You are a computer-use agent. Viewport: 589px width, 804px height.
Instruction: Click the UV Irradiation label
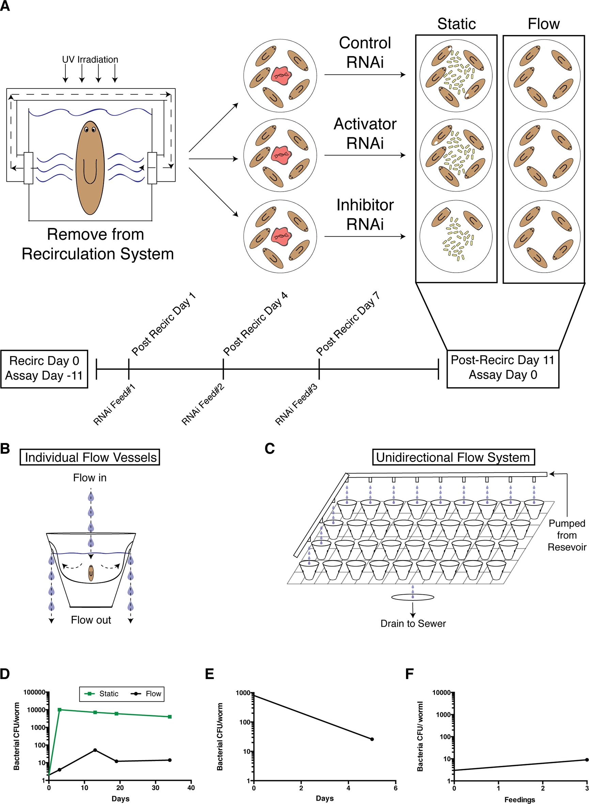[x=90, y=60]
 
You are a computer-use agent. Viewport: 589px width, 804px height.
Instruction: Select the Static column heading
[x=456, y=24]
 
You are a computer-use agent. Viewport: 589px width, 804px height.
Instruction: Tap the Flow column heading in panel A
[x=543, y=24]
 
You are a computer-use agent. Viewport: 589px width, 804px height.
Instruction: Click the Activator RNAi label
[x=365, y=133]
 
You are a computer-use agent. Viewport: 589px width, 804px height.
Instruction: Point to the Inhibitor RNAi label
[x=365, y=214]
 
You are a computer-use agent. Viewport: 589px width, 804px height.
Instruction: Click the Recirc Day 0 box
[x=44, y=369]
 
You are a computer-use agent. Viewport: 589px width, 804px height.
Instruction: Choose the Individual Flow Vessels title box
[x=90, y=457]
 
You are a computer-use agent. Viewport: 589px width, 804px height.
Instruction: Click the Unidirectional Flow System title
[x=453, y=457]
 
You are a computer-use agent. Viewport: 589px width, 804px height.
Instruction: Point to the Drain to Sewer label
[x=413, y=624]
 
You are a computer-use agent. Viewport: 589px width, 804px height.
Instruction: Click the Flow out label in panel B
[x=91, y=620]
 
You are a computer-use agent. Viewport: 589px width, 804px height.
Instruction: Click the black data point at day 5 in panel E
[x=372, y=740]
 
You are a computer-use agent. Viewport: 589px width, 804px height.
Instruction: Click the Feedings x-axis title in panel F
[x=520, y=800]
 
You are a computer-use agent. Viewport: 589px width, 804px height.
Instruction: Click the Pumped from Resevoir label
[x=567, y=535]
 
